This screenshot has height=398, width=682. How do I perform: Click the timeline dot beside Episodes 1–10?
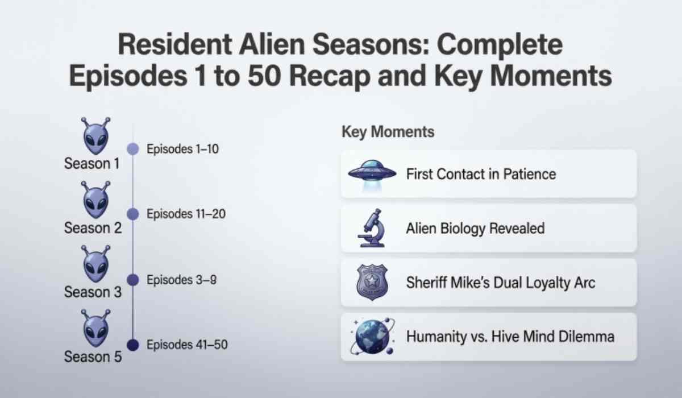[x=132, y=150]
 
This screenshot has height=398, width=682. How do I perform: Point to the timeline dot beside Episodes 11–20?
[x=132, y=214]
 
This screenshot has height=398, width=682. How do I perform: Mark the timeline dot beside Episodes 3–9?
[x=132, y=280]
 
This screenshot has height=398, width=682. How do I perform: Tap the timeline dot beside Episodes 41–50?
[x=132, y=345]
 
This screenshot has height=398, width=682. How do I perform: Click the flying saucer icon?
[x=371, y=173]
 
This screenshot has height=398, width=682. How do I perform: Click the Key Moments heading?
[x=388, y=132]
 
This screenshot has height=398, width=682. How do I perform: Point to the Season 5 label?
[x=93, y=357]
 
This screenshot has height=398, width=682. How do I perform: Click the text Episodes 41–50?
[x=188, y=345]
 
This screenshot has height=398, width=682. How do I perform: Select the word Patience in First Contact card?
[x=527, y=173]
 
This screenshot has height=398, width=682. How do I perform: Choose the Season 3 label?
[x=93, y=293]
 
